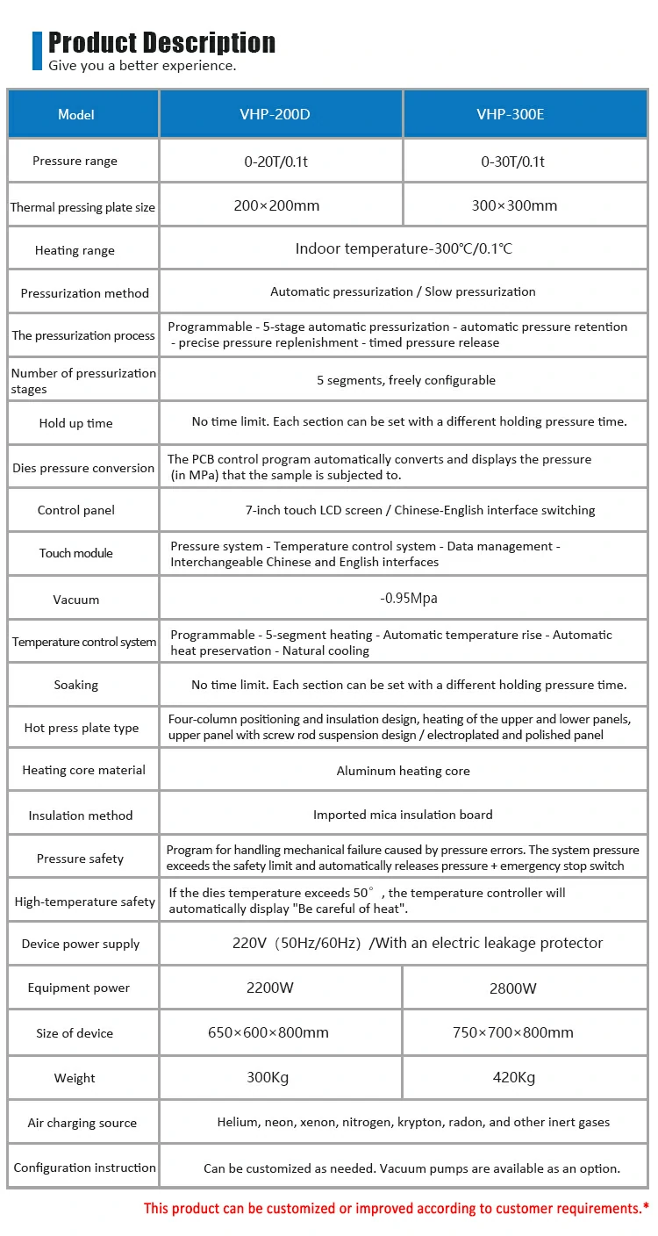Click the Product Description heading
coord(161,42)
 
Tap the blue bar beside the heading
coord(37,50)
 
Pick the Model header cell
coord(76,114)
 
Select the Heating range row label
coord(75,250)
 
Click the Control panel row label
coord(76,510)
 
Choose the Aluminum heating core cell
coord(403,771)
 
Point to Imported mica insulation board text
coord(403,815)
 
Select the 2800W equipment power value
coord(513,988)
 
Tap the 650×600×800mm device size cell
coord(268,1032)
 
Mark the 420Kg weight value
coord(513,1077)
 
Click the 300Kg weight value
coord(268,1077)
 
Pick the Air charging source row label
coord(82,1123)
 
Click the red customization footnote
coord(397,1208)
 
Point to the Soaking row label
coord(76,685)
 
